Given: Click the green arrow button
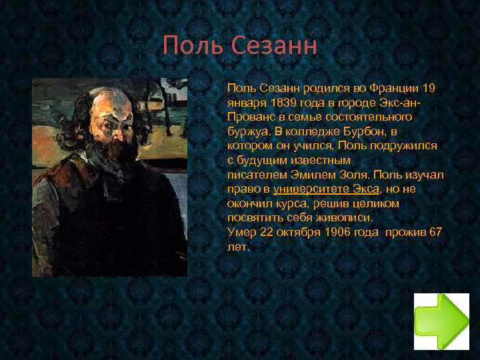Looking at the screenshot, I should click(x=441, y=322).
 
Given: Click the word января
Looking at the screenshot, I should click(x=246, y=103).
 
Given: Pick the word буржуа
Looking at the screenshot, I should click(x=246, y=131).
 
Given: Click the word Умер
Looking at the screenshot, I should click(x=241, y=232).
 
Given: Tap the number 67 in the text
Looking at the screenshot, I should click(x=435, y=232).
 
